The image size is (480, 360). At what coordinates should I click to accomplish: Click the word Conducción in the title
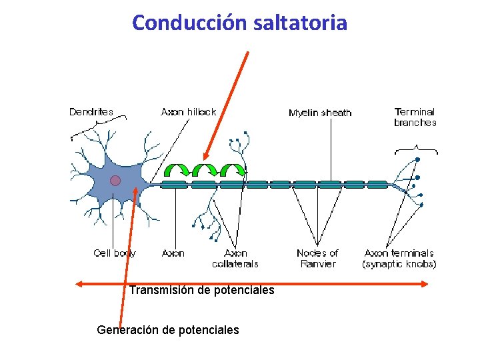(190, 23)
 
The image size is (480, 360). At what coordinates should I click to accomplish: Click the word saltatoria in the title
(301, 23)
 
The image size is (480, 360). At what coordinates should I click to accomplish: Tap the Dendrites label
(91, 112)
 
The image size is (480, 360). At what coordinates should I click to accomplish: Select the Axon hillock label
(189, 112)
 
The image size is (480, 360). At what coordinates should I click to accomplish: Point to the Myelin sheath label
(320, 113)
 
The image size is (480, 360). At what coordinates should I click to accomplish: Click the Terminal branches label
(415, 117)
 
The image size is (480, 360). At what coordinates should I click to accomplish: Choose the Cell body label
(115, 253)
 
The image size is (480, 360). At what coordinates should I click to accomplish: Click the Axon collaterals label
(235, 259)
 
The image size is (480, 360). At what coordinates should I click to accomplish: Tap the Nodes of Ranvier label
(317, 259)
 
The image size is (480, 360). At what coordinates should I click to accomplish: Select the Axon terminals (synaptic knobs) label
(399, 259)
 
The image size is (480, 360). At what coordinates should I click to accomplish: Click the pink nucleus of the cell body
(115, 180)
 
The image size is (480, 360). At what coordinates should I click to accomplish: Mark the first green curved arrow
(178, 170)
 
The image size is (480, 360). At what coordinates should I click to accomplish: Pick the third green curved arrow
(233, 170)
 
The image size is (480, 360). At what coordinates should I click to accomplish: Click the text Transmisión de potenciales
(201, 290)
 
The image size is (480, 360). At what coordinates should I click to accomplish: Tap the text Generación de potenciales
(168, 329)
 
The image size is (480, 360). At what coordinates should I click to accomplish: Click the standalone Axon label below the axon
(173, 253)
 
